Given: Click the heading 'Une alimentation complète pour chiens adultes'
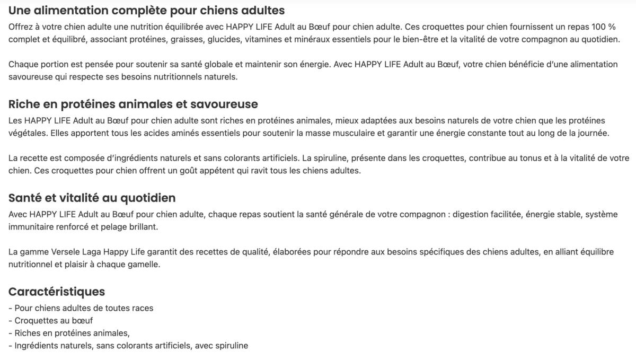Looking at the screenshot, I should pos(146,11).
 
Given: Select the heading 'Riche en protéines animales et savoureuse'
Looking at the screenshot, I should pos(133,104).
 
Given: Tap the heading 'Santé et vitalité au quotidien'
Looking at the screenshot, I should pos(92,198).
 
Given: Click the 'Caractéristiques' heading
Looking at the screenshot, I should pos(57,292).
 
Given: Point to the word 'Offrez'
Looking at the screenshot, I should pos(21,27).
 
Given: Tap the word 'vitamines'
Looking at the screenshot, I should pos(262,39).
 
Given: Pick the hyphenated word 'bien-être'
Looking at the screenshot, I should pos(418,39).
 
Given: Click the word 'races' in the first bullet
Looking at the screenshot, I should pos(143,308).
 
